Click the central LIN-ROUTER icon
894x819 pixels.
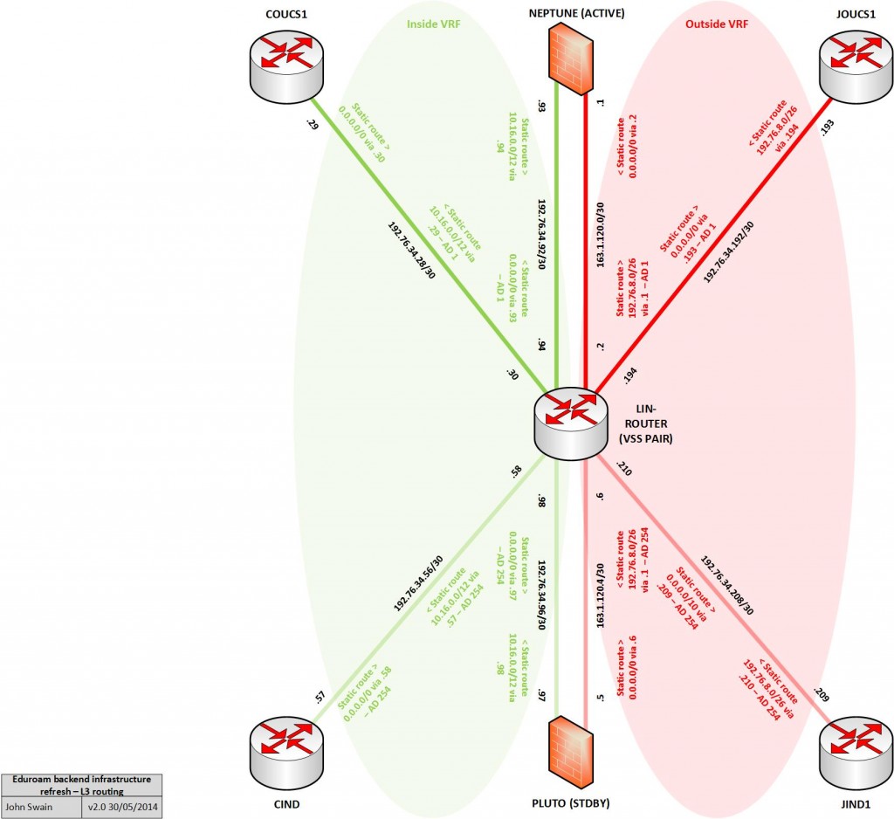tap(570, 421)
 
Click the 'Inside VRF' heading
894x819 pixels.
tap(434, 24)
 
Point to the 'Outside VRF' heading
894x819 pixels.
tap(718, 24)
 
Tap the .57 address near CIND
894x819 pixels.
tap(320, 697)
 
